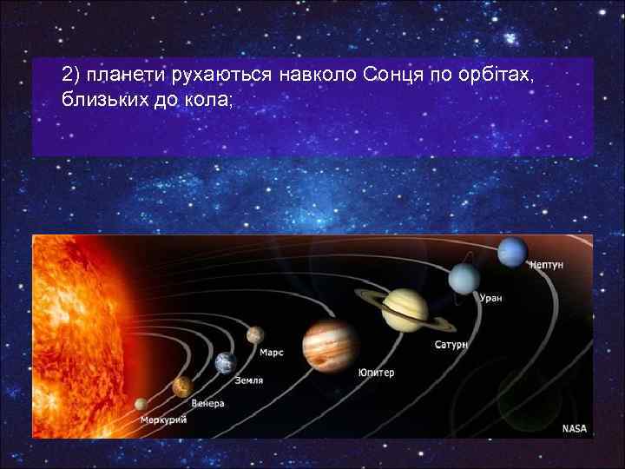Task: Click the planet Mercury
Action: click(x=141, y=404)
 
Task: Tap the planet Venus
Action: click(x=182, y=385)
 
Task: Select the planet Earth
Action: click(x=226, y=362)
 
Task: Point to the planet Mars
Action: click(x=255, y=334)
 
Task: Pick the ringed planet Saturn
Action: click(x=405, y=309)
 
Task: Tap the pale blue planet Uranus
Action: click(x=463, y=279)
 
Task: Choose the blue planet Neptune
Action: click(x=512, y=252)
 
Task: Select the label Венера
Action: click(x=208, y=404)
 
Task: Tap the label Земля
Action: click(x=249, y=380)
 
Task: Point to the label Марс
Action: click(x=271, y=353)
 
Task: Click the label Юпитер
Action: click(x=376, y=373)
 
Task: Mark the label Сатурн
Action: click(x=451, y=345)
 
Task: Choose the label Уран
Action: click(x=491, y=298)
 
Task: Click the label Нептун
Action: click(x=548, y=266)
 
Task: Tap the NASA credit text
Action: click(x=574, y=428)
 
